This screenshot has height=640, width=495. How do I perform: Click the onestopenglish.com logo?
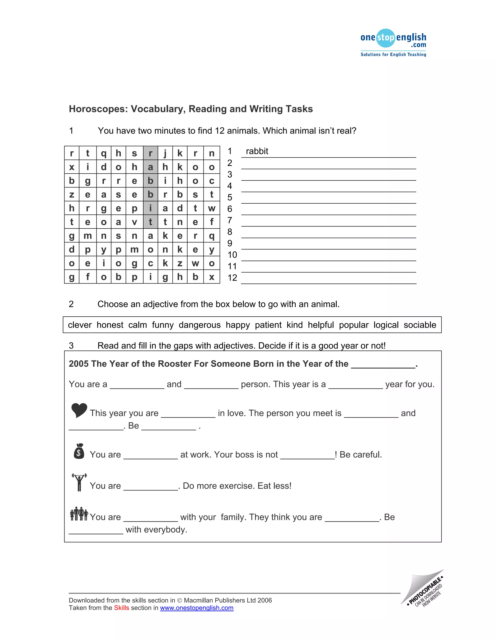tap(393, 43)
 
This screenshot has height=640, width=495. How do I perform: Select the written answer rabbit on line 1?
tap(257, 151)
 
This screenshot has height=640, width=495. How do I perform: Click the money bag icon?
tap(79, 451)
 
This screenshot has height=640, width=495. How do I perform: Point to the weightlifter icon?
tap(79, 482)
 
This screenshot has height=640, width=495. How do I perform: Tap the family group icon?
tap(79, 514)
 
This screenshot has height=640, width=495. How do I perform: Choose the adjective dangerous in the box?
tap(199, 325)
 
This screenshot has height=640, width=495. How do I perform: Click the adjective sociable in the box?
tap(420, 325)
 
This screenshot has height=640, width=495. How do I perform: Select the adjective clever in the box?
tap(80, 325)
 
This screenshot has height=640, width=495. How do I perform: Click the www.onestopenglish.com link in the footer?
tap(197, 608)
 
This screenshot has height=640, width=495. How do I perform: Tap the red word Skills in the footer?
tap(121, 608)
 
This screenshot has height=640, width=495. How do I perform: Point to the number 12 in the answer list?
tap(232, 278)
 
